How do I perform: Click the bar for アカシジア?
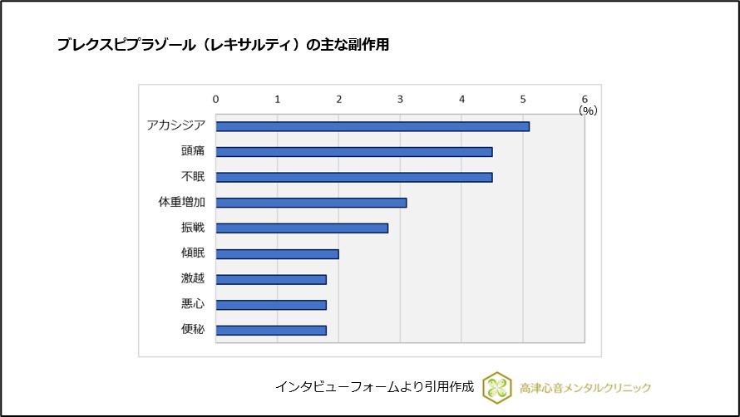coord(372,126)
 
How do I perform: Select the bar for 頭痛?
coord(354,152)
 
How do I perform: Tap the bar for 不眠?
coord(354,177)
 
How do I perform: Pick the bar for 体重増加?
coord(311,203)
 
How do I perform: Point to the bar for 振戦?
coord(302,228)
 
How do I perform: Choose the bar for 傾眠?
coord(278,253)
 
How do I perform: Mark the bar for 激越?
coord(271,279)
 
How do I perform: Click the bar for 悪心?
coord(271,305)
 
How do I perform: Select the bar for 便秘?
coord(271,330)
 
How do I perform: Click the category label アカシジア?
coord(175,126)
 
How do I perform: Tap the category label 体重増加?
coord(181,203)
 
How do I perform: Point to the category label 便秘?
coord(193,330)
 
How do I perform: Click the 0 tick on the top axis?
coord(216,99)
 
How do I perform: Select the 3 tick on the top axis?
coord(401,99)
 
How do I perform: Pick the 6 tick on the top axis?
coord(585,99)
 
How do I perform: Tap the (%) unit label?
coord(588,110)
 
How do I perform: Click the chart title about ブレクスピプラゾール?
coord(223,46)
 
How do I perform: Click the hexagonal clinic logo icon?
coord(497,387)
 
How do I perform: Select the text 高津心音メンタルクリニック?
coord(585,388)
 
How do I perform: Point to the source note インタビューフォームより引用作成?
coord(374,387)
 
